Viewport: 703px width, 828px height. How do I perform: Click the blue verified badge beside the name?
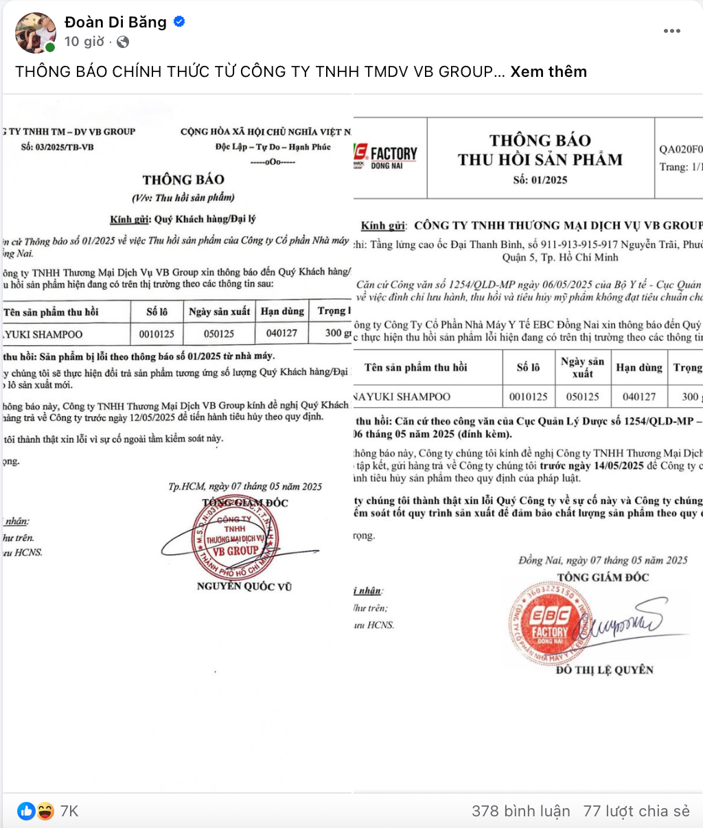tap(179, 22)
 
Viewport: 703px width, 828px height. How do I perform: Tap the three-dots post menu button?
tap(671, 31)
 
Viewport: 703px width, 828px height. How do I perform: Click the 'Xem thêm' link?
tap(549, 71)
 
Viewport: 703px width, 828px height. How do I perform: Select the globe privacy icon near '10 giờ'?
tap(123, 42)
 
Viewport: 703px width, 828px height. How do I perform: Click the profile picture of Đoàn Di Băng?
tap(36, 32)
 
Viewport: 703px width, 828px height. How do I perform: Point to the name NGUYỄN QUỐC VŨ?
tap(244, 586)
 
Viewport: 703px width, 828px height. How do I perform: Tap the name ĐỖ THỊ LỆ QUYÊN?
tap(604, 669)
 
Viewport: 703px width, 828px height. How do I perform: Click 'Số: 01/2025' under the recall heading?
tap(540, 180)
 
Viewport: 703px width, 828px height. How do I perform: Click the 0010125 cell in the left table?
tap(157, 334)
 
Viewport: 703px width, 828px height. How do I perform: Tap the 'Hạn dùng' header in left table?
tap(282, 311)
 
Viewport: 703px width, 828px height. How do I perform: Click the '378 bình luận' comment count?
tap(520, 811)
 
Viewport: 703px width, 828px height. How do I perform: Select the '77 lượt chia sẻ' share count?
tap(636, 811)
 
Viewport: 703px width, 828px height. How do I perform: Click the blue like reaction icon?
tap(26, 811)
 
